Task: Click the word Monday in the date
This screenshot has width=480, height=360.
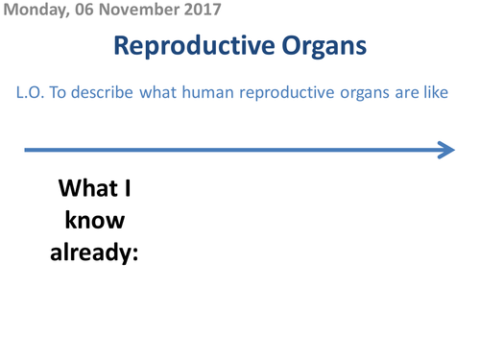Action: click(x=32, y=11)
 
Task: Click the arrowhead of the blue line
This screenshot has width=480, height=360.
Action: click(x=445, y=150)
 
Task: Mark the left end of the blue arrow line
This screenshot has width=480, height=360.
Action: click(x=27, y=150)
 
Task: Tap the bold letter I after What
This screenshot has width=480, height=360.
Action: click(x=128, y=189)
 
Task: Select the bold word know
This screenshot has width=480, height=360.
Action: click(x=95, y=222)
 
